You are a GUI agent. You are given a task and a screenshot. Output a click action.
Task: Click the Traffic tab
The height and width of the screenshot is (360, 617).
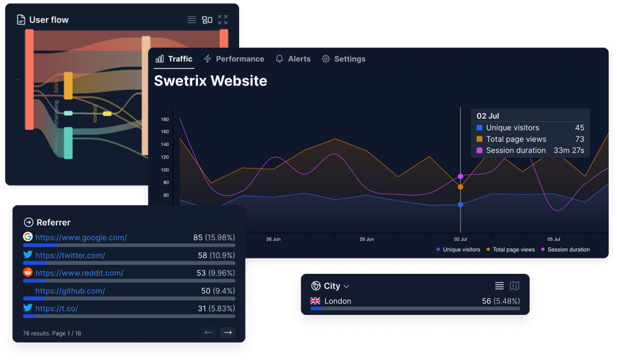174,59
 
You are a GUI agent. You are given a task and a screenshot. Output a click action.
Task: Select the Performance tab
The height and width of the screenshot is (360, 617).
234,59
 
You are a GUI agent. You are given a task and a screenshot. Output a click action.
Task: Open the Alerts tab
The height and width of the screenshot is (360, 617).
293,59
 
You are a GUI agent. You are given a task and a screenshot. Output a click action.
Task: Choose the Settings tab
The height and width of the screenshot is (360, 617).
344,59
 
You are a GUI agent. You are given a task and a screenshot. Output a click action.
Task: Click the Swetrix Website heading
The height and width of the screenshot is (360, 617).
210,81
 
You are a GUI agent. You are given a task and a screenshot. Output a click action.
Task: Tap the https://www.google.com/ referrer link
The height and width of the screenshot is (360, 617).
81,237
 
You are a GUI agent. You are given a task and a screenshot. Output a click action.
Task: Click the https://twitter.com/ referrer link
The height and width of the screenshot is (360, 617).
70,255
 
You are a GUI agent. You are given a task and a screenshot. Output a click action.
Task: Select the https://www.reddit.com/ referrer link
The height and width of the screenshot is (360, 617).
79,273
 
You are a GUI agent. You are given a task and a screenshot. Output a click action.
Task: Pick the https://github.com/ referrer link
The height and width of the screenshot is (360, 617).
70,291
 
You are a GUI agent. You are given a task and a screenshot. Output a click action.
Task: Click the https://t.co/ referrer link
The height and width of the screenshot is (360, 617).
57,309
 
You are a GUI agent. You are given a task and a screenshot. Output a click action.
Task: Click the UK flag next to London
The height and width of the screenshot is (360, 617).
316,301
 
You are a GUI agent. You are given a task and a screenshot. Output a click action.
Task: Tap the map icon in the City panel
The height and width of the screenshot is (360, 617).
514,286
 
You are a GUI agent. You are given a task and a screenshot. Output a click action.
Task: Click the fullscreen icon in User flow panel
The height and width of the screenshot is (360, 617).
222,20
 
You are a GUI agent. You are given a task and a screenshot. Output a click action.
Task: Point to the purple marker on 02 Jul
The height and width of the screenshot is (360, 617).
460,176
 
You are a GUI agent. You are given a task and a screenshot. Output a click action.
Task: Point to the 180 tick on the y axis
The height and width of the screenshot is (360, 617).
165,119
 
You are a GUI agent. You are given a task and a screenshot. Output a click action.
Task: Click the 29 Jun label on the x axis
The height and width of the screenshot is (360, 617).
366,239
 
